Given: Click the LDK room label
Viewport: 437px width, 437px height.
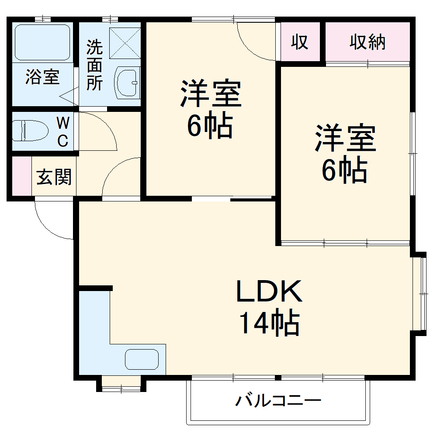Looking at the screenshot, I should (x=269, y=292).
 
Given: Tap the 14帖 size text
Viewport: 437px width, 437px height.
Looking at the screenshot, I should (x=269, y=323).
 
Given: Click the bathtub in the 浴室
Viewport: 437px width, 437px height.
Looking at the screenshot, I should (x=42, y=42).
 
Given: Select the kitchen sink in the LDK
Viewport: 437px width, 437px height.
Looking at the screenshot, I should (x=142, y=360).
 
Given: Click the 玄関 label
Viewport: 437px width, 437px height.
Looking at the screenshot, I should (x=54, y=177).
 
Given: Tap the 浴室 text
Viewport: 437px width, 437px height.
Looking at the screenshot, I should (x=42, y=77).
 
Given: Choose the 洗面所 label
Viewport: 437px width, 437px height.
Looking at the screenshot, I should (x=94, y=66).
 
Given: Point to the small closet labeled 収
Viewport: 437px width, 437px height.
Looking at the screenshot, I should (x=300, y=42).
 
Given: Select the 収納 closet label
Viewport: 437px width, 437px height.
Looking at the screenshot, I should (x=367, y=42).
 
